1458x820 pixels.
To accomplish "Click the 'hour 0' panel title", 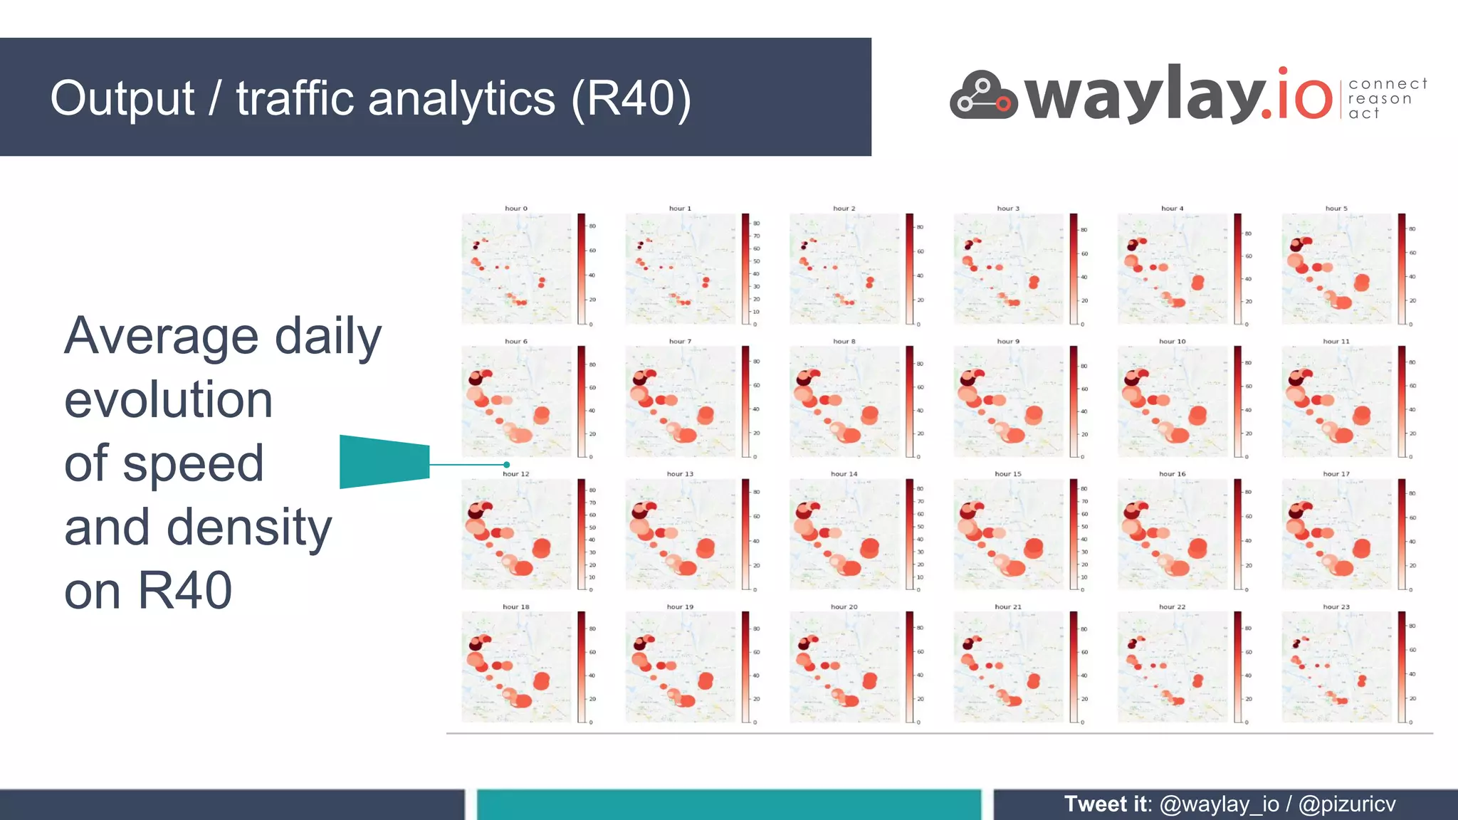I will pyautogui.click(x=516, y=209).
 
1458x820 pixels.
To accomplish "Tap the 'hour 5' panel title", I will pyautogui.click(x=1336, y=209).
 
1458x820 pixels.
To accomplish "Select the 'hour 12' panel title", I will pyautogui.click(x=516, y=474).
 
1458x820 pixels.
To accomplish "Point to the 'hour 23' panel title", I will pyautogui.click(x=1336, y=607).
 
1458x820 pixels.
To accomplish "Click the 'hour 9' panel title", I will pyautogui.click(x=1008, y=342).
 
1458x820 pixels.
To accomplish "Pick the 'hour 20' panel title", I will pyautogui.click(x=844, y=607).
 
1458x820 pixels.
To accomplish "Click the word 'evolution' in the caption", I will pyautogui.click(x=169, y=399).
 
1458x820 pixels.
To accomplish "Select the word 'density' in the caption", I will pyautogui.click(x=249, y=527).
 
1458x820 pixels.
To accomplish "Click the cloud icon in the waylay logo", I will pyautogui.click(x=983, y=96).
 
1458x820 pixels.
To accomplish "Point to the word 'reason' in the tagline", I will pyautogui.click(x=1380, y=99).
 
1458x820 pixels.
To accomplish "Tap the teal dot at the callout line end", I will pyautogui.click(x=507, y=465).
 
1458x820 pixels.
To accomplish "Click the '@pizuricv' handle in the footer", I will pyautogui.click(x=1347, y=804).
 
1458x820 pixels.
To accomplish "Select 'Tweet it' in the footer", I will pyautogui.click(x=1106, y=804).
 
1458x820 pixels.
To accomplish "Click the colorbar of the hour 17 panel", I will pyautogui.click(x=1402, y=534).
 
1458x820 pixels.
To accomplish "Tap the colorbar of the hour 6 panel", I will pyautogui.click(x=582, y=401).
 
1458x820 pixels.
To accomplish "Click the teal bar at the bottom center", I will pyautogui.click(x=728, y=805).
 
